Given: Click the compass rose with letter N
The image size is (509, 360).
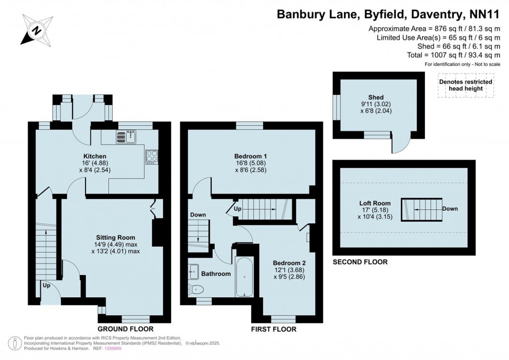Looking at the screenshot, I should (36, 29).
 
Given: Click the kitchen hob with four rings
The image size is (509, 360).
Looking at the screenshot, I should (151, 157).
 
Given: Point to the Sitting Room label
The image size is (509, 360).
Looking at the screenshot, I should (115, 237).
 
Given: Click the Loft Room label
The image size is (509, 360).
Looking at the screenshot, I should (375, 203).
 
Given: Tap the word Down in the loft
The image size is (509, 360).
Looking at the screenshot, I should (450, 209).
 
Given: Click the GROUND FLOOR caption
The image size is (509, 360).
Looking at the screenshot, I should (125, 329).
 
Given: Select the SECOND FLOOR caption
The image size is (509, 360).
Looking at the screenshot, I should (360, 262).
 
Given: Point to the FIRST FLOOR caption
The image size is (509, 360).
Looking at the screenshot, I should (274, 329).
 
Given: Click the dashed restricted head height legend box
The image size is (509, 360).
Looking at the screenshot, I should (466, 85).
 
